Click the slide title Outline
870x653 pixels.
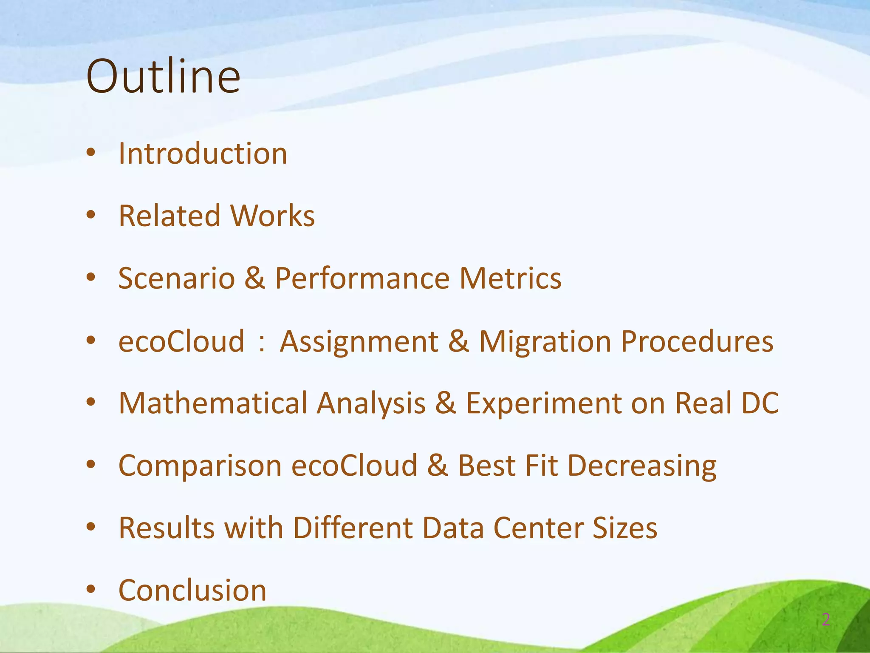pos(163,77)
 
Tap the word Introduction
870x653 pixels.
pos(203,153)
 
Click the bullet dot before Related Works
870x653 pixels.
pos(91,216)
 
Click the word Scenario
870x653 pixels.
pos(176,278)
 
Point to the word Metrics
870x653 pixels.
pos(510,278)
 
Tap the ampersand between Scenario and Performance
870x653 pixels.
pos(255,278)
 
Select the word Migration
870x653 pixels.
pos(545,341)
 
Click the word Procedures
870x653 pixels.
pos(697,341)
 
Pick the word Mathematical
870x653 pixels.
pos(213,403)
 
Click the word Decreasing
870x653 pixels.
pos(642,466)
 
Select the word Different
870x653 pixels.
pos(353,528)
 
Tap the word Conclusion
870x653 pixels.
pos(192,590)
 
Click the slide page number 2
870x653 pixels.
pos(826,620)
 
